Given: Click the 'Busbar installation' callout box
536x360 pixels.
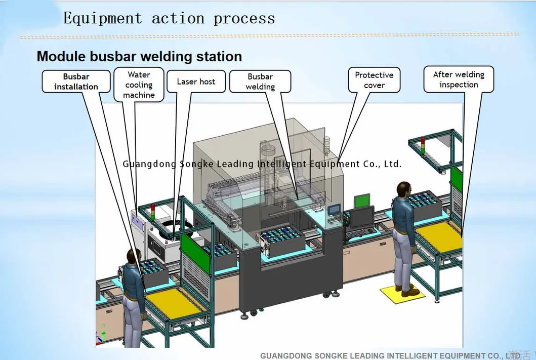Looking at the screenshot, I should [x=76, y=82].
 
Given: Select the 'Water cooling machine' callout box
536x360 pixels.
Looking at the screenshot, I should [x=139, y=85].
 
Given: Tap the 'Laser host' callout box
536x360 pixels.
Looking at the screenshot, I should [x=196, y=82].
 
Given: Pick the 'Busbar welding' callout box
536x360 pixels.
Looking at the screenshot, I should [x=260, y=82].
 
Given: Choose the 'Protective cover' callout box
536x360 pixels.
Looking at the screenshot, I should [x=374, y=80].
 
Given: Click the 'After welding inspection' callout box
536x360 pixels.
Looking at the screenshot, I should [x=459, y=79].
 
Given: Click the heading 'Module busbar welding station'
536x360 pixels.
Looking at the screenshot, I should [x=139, y=56].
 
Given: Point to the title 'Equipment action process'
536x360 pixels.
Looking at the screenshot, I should [x=169, y=19].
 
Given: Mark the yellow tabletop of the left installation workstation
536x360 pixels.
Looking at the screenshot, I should [x=177, y=302].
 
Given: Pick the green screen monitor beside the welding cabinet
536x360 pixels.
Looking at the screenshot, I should [x=361, y=201].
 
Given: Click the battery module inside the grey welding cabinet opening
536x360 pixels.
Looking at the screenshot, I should [x=281, y=238].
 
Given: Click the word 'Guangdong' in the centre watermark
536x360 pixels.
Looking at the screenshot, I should [x=149, y=164].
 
